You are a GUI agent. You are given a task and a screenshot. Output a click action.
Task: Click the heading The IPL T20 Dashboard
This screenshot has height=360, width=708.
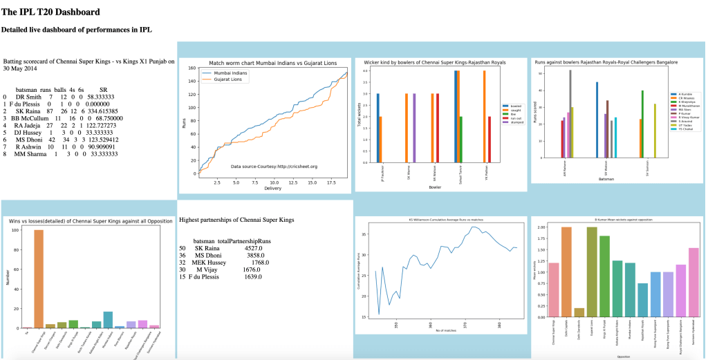pyautogui.click(x=51, y=12)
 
